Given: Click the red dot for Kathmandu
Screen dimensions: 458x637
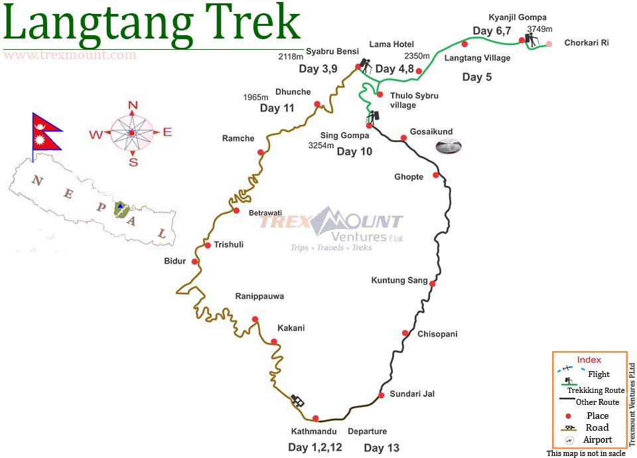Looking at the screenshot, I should [x=315, y=418].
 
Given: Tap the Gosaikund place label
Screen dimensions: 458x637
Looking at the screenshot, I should [x=432, y=131].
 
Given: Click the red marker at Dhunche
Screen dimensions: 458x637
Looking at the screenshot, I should [x=317, y=104].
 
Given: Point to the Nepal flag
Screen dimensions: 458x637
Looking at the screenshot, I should [x=46, y=131].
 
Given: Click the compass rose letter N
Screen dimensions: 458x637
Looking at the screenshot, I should [x=132, y=105].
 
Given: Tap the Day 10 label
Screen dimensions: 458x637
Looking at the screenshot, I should [x=354, y=151].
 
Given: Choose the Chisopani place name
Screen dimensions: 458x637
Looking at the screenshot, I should [x=437, y=334].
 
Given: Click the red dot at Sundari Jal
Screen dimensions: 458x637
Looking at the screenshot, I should [x=382, y=395].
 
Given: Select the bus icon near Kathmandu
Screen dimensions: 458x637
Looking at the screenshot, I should [x=298, y=401].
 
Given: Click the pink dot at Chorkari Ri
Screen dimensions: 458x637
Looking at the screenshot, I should [x=549, y=44].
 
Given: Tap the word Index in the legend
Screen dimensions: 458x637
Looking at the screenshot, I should [x=589, y=360].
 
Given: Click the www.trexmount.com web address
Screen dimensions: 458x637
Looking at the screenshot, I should [x=70, y=55].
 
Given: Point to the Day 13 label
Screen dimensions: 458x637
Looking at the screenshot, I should [x=382, y=448].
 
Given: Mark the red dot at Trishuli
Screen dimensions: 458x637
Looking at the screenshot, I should [x=208, y=246].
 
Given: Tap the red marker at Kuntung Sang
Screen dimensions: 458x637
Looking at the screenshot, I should [x=433, y=283].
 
